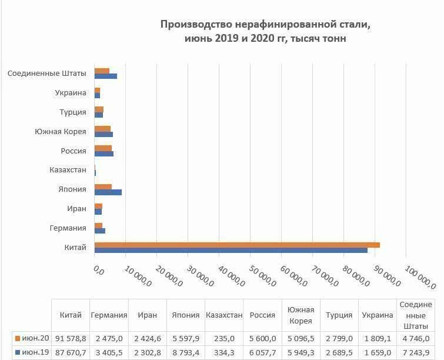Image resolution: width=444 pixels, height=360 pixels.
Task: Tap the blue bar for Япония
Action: (x=108, y=192)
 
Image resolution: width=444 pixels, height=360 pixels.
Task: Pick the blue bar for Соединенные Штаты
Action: (x=106, y=76)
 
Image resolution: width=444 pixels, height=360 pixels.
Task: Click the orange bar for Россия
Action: (x=103, y=148)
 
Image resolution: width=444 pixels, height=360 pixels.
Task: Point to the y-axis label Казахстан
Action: (x=68, y=170)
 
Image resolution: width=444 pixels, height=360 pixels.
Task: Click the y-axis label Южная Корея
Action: (x=61, y=131)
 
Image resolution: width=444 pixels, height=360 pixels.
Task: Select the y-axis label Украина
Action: (x=71, y=92)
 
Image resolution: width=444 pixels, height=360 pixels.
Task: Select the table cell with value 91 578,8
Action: (x=70, y=338)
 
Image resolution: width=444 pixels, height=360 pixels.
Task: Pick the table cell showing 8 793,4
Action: (x=185, y=352)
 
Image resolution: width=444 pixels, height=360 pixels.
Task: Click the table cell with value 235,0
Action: (x=223, y=338)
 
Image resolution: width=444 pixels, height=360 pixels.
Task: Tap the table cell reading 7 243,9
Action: (x=416, y=352)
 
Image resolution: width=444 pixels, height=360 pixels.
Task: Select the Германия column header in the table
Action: (x=109, y=315)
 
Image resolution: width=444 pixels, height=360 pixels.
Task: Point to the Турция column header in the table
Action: (x=339, y=315)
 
